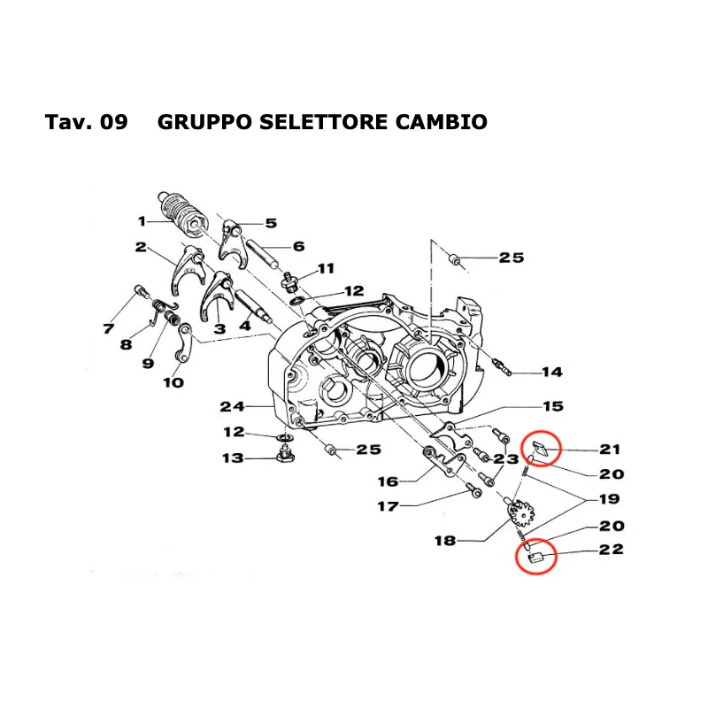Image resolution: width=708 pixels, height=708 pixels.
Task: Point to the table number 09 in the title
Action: [114, 122]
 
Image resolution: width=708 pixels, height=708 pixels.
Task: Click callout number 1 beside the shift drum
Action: [142, 221]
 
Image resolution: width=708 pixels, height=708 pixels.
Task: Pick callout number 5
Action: [270, 223]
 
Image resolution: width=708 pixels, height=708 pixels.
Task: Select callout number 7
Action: [108, 329]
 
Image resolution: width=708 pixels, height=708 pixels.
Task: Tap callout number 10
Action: [173, 382]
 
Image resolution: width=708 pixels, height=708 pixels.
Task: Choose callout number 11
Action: [326, 268]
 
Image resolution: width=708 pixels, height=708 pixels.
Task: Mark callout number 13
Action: [232, 458]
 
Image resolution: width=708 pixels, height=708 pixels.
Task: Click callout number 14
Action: [551, 372]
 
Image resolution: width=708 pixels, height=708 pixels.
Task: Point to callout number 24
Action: [231, 407]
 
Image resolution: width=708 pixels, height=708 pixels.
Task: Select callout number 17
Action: [387, 507]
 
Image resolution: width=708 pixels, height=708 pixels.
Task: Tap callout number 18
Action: [445, 540]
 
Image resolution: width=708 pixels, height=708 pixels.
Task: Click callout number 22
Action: [611, 550]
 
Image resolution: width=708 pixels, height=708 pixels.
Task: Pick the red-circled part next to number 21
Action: [541, 448]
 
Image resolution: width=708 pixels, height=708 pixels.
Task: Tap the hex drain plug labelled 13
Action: [284, 458]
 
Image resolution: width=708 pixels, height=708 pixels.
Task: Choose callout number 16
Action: [388, 481]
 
